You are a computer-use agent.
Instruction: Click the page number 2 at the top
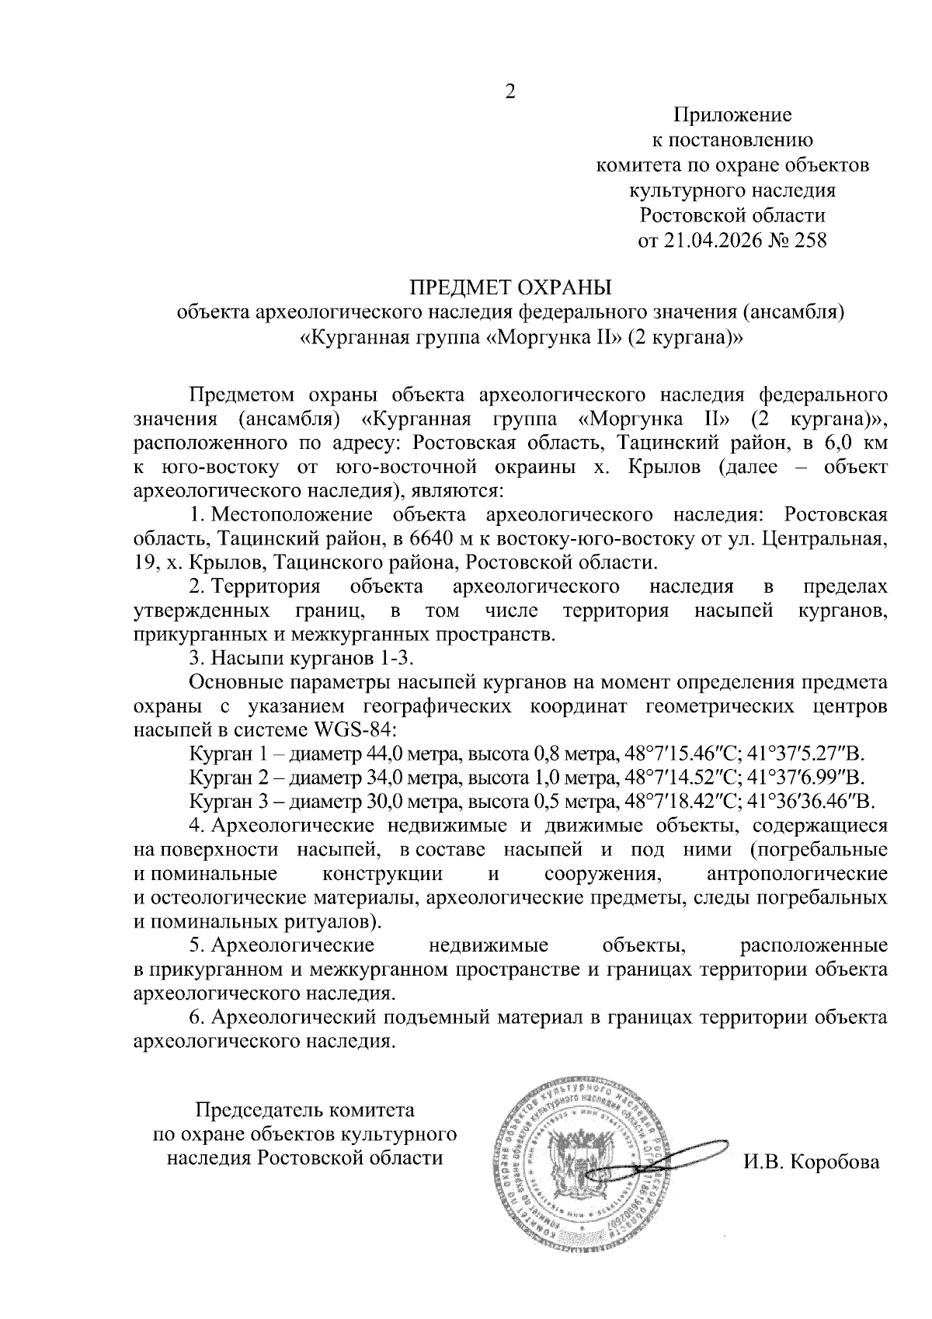[x=509, y=92]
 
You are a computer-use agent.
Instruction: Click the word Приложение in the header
[x=732, y=116]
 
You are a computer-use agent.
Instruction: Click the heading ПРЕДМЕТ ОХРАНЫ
[x=510, y=288]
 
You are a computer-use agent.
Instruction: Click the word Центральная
[x=824, y=538]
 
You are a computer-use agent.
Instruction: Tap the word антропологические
[x=798, y=873]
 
